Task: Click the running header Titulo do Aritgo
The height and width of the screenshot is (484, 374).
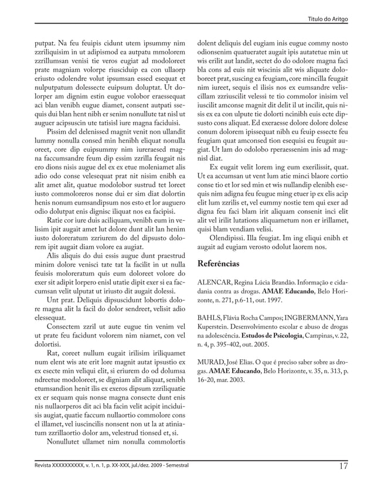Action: pos(328,20)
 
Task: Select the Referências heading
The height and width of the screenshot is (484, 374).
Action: pos(219,264)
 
